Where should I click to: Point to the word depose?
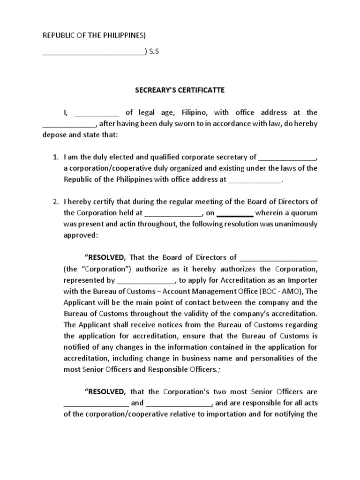tap(54, 135)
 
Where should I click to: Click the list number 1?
tap(55, 157)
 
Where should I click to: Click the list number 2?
tap(55, 202)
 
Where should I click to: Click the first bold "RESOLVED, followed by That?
tap(105, 257)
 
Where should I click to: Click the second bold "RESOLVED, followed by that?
tap(105, 392)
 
